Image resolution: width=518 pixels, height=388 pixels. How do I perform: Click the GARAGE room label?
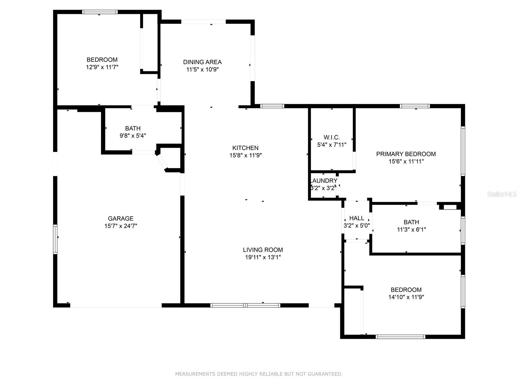(x=120, y=219)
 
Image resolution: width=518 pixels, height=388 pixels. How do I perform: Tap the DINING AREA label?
(x=202, y=62)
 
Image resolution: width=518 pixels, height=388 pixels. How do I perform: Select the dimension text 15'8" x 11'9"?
(x=245, y=156)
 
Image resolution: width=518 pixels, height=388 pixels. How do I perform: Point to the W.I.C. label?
(x=332, y=137)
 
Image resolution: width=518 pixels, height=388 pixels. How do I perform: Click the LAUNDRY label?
(x=324, y=181)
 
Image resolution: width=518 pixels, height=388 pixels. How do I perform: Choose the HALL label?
(x=356, y=218)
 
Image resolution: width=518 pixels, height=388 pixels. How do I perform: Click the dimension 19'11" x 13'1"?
(x=263, y=257)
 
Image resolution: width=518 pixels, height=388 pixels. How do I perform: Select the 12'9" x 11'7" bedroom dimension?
(x=102, y=67)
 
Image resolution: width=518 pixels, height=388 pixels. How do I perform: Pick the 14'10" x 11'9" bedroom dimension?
(x=406, y=297)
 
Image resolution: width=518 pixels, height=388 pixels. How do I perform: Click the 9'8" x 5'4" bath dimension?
(x=133, y=136)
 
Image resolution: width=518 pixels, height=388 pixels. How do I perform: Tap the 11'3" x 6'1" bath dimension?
(x=411, y=230)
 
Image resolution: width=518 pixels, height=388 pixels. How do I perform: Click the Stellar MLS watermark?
(x=502, y=194)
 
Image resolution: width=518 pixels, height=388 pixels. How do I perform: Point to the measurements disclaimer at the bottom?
(x=259, y=374)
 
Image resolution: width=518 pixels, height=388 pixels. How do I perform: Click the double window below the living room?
(x=245, y=305)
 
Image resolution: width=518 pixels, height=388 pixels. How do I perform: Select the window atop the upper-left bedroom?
(x=99, y=12)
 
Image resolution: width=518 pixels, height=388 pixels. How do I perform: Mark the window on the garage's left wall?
(x=55, y=239)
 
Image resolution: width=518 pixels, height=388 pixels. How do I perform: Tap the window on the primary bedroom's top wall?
(x=415, y=106)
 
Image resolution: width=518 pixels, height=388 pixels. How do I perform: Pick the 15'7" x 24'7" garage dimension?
(x=120, y=226)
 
